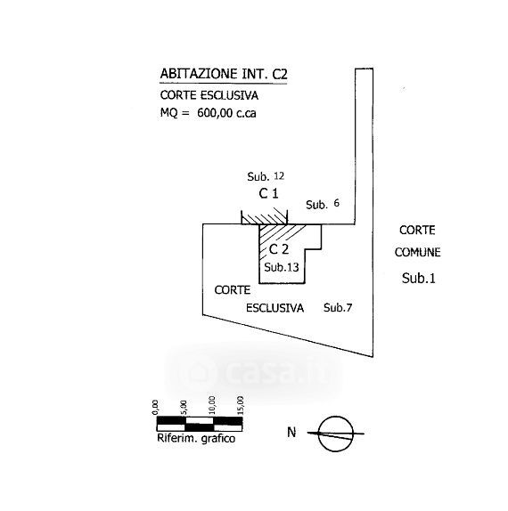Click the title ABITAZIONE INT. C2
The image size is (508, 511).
point(224,74)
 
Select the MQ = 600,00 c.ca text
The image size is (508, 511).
point(209,113)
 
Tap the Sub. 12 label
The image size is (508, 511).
point(266,176)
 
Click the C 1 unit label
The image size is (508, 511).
point(268,193)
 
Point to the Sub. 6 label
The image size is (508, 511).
point(323,204)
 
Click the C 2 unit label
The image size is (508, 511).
point(279,249)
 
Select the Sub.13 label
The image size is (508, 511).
point(282,267)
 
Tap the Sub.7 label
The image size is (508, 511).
point(338,307)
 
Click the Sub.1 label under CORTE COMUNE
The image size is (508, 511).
point(419,278)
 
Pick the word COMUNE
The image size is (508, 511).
point(418,252)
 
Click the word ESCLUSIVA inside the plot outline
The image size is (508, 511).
point(274,308)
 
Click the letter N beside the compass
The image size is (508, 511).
point(291,433)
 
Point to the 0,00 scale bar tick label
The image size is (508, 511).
point(155,408)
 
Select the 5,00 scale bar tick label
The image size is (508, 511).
point(184,408)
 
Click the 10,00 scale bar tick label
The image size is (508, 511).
point(212,405)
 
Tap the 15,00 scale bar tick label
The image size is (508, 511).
point(241,405)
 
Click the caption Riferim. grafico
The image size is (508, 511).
point(196,438)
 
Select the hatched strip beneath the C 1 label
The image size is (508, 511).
point(265,219)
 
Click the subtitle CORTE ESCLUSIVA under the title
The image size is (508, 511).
point(209,95)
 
